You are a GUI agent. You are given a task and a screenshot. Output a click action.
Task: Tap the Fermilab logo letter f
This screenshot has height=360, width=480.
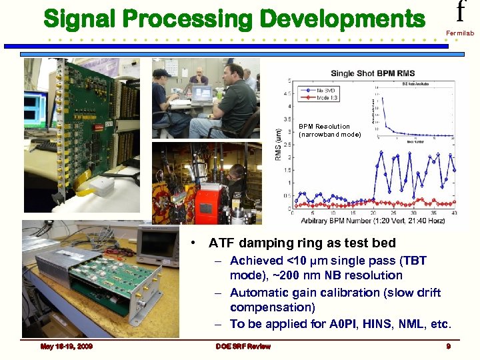459,12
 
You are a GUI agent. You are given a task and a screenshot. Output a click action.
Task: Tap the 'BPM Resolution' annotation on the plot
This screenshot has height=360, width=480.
324,126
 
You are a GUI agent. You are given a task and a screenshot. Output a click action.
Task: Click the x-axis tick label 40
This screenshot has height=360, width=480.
455,213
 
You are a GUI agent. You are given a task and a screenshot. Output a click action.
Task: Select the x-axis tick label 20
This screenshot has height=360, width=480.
374,213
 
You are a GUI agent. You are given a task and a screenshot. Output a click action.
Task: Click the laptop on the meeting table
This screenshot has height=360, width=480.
201,93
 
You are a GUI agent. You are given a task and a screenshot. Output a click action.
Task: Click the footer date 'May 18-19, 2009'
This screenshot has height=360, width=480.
66,347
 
